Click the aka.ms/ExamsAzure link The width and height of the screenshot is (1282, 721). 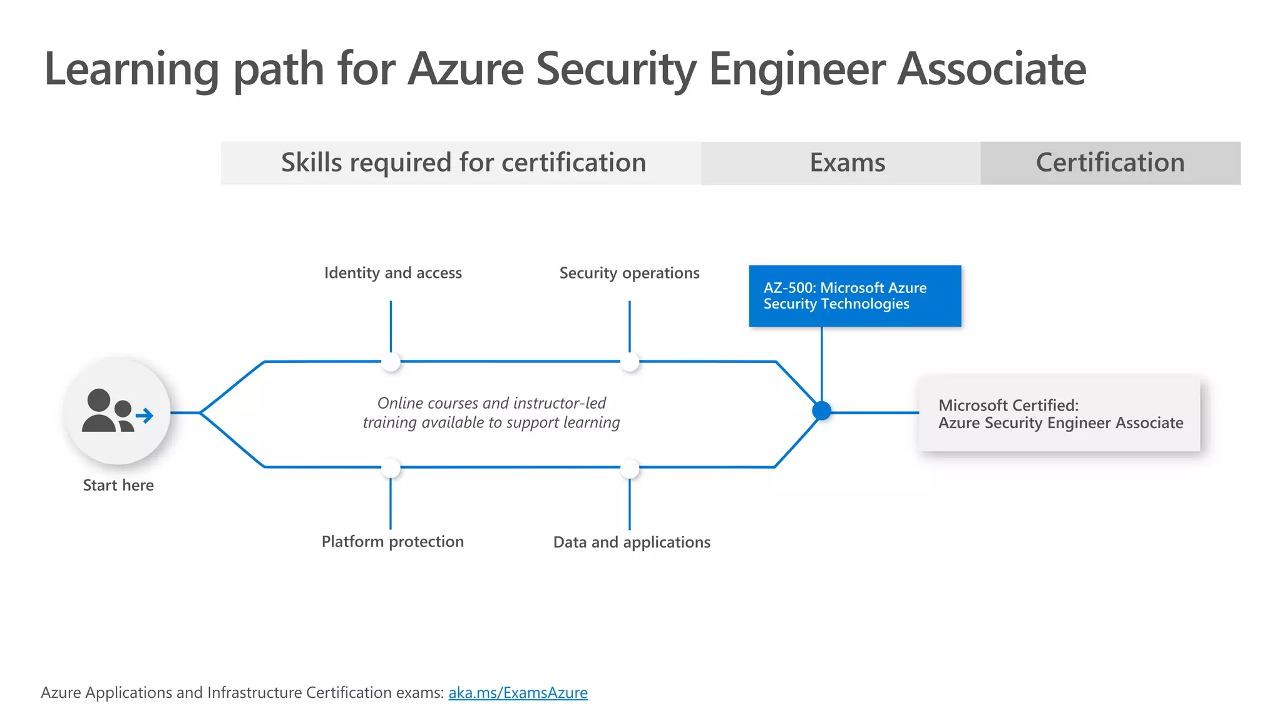pos(518,693)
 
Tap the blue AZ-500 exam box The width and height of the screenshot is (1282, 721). pos(854,296)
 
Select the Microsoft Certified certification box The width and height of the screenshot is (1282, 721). pos(1059,414)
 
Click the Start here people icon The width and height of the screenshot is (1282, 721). pos(116,412)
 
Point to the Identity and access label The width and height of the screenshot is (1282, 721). pos(392,273)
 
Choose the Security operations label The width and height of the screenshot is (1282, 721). pos(629,273)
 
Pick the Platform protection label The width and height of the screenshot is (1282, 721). pos(392,541)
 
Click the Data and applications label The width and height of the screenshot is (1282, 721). pos(632,542)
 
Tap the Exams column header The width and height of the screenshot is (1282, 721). pos(847,163)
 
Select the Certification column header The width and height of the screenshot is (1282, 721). pos(1110,163)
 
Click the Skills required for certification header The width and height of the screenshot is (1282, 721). pos(463,163)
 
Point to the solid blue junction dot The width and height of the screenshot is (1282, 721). pos(821,411)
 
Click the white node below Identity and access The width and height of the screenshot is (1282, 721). pos(391,362)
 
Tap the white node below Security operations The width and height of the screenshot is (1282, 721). pos(630,362)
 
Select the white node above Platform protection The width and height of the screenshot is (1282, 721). pos(391,468)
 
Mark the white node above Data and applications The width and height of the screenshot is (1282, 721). pos(630,468)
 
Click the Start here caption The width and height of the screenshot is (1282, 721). pos(118,485)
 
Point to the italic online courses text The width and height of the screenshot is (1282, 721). pos(491,412)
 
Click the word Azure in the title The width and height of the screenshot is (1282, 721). pos(466,69)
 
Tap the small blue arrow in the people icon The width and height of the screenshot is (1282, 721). pos(145,416)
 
